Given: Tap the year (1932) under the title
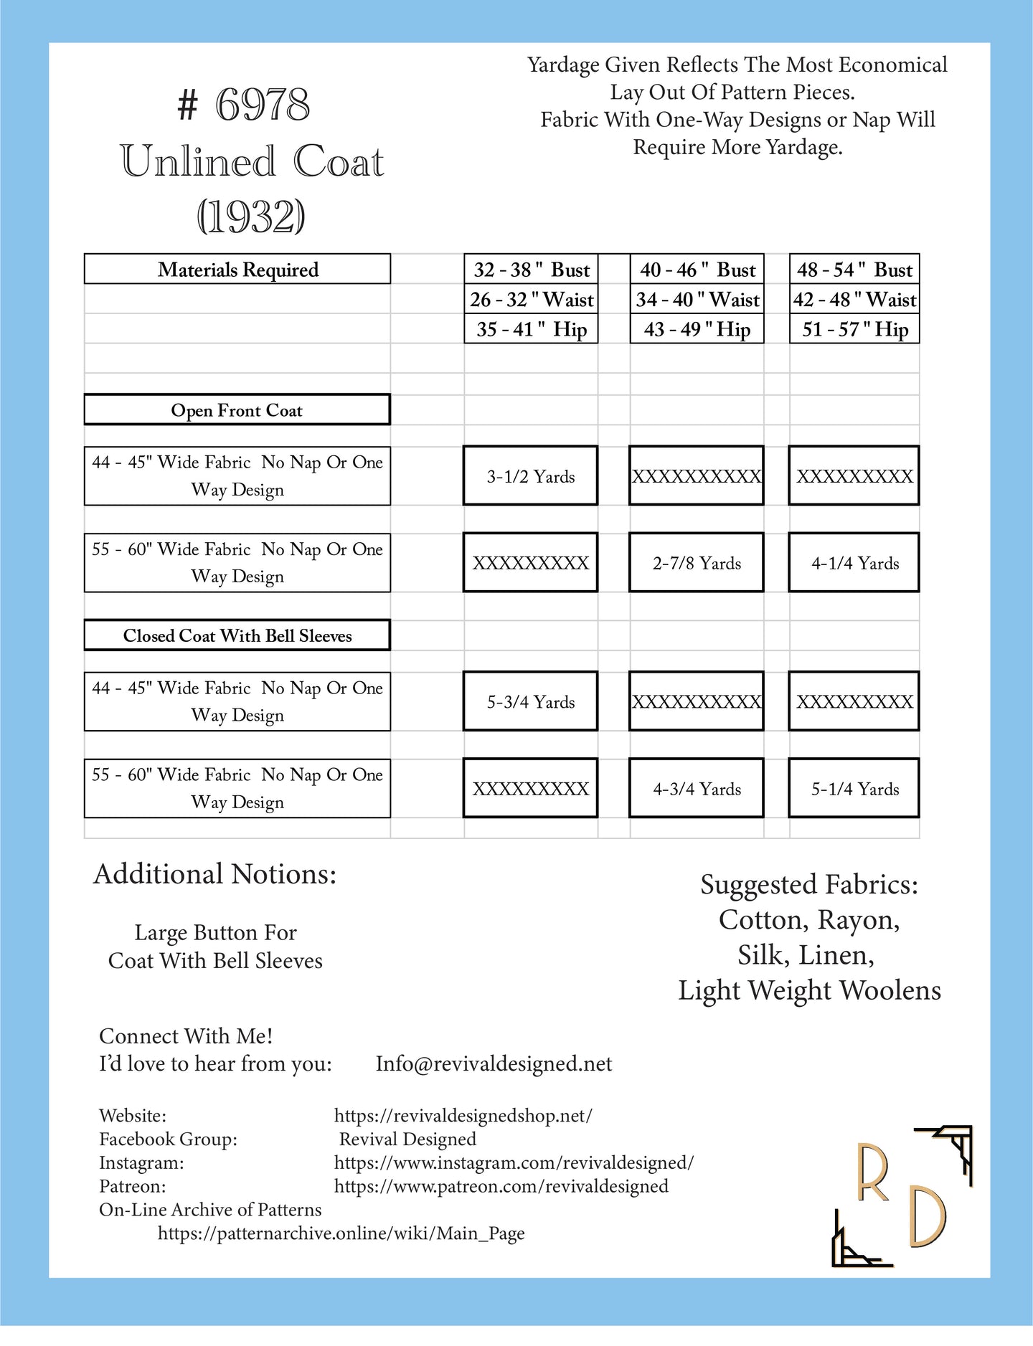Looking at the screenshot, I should point(251,216).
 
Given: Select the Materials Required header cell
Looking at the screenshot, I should point(237,270).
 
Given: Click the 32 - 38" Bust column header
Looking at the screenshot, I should point(531,270).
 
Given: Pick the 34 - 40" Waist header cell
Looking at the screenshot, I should point(697,300).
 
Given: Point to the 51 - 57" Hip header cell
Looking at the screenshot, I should point(854,330).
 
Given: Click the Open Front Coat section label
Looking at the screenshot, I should point(237,410).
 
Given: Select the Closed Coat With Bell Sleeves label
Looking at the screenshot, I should point(237,636).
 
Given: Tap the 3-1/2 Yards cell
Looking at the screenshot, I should point(531,477).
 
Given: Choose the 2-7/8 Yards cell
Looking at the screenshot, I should point(697,564).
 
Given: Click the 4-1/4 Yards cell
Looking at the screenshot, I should point(854,564).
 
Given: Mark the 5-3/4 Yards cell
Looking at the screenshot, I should point(531,702).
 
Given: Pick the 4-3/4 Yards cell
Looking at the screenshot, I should point(697,790).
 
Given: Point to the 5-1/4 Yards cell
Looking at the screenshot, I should point(854,790).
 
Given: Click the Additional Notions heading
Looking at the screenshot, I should point(214,874).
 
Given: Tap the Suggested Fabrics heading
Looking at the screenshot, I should point(809,885).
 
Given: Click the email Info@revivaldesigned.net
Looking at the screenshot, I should point(494,1063).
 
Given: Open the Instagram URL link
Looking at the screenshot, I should point(514,1162).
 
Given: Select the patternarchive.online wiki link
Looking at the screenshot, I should point(341,1233).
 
